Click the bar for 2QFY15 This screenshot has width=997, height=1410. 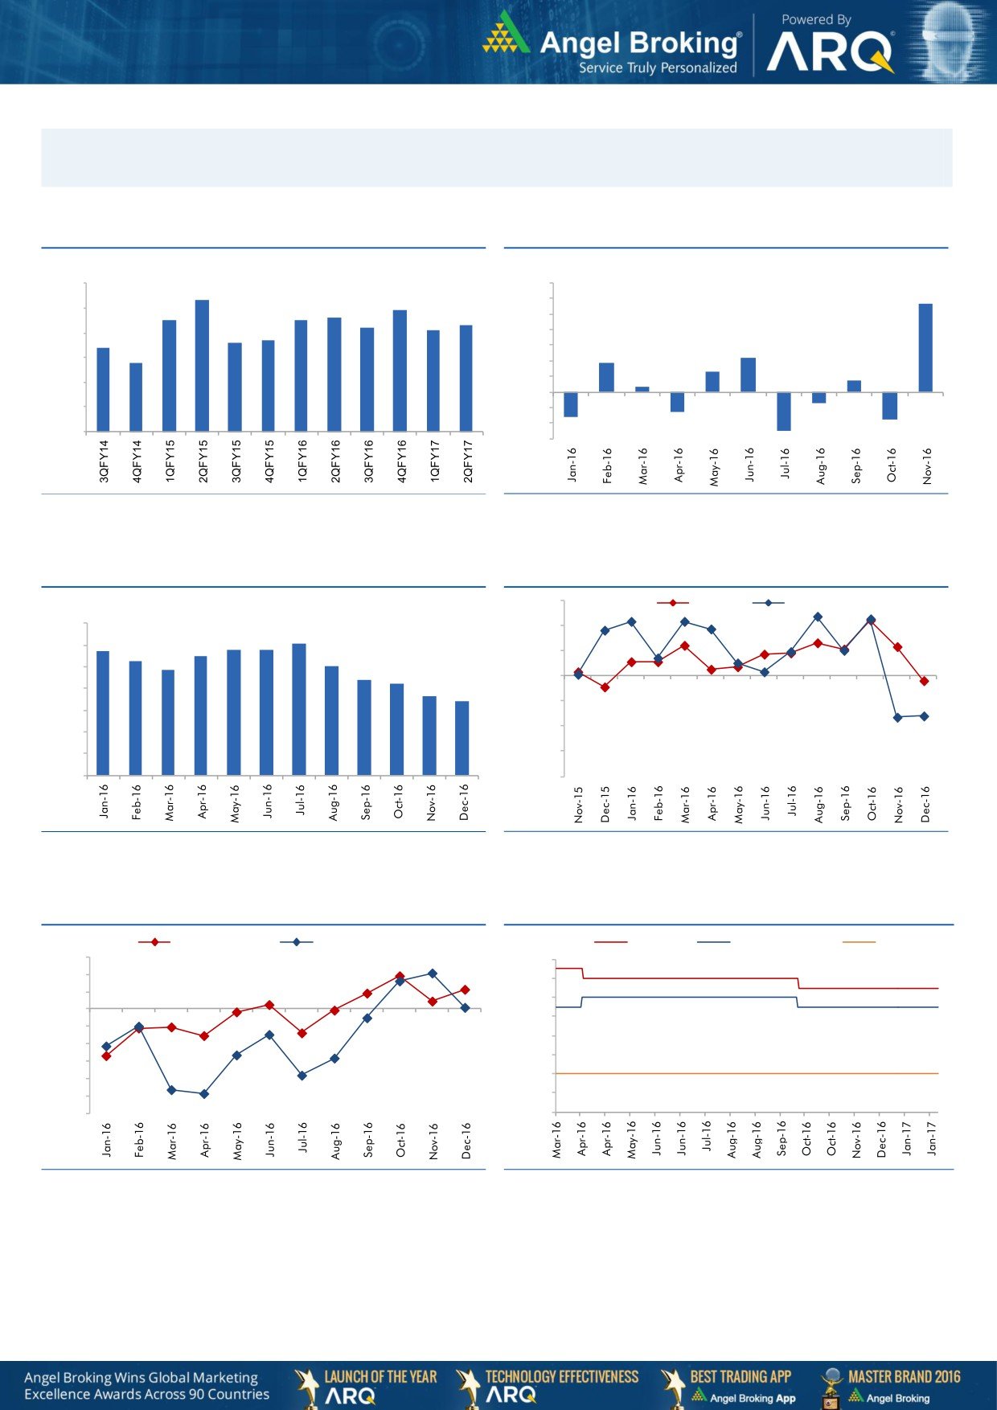pos(202,366)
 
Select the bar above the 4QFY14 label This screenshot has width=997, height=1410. pos(136,397)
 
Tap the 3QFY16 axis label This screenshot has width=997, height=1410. pos(368,461)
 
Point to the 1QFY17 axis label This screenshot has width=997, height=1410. pos(434,461)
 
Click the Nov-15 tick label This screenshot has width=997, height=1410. pos(579,804)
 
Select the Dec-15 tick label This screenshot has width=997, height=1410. pos(605,804)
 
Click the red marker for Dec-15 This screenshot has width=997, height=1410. pos(605,687)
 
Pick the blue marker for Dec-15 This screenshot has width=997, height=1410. pos(605,630)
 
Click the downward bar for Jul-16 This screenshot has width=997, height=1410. pos(783,412)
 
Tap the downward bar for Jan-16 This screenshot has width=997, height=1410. pos(571,404)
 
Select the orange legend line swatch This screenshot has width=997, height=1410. pos(858,941)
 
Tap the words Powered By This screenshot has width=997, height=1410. pos(815,19)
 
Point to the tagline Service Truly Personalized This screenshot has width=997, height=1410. pos(658,68)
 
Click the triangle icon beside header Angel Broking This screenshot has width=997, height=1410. pos(506,34)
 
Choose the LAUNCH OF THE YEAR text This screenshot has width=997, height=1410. pos(380,1376)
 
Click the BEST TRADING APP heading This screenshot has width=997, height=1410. pos(741,1376)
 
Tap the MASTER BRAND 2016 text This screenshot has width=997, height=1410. pos(904,1376)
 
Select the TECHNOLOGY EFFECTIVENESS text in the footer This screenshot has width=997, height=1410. pos(562,1376)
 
